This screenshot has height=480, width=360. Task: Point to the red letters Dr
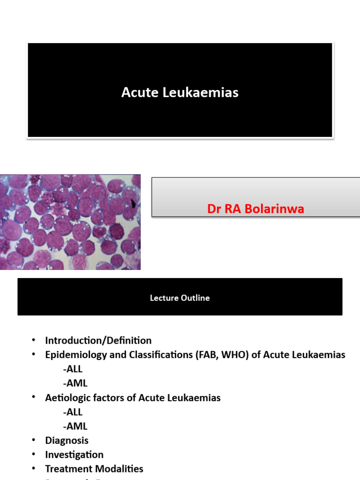point(214,209)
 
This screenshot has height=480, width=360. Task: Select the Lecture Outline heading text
point(180,298)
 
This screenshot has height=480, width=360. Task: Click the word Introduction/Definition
point(98,340)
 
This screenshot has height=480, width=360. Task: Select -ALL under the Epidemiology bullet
point(72,369)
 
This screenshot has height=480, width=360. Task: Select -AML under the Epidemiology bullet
point(75,383)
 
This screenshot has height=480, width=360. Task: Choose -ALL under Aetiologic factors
point(72,412)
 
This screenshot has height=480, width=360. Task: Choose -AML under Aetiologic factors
point(75,426)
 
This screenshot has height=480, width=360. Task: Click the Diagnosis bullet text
point(67,440)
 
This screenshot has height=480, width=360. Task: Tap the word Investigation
point(74,455)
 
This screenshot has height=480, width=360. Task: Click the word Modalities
point(120,469)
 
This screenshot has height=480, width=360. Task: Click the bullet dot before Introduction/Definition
point(34,339)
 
